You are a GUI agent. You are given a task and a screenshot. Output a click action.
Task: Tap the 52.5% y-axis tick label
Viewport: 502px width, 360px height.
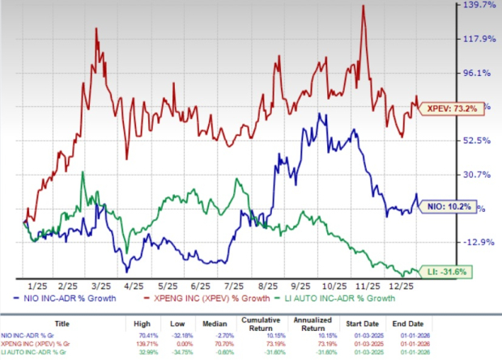tap(479, 141)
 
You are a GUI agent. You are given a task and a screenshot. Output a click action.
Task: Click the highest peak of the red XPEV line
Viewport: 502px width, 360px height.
tap(363, 6)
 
